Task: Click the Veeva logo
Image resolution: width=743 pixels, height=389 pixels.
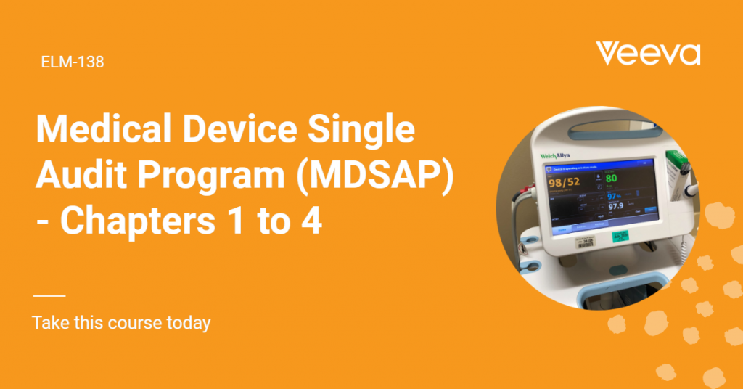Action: coord(648,54)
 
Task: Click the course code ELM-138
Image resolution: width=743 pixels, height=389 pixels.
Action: coord(73,62)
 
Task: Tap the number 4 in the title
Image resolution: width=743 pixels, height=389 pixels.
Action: coord(311,220)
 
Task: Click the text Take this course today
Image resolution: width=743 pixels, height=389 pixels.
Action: coord(121,322)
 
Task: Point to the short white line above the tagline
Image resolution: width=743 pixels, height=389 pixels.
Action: coord(49,296)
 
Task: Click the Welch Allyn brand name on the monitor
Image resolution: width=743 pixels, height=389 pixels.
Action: coord(555,156)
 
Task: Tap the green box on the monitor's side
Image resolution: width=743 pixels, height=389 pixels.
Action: coord(674,160)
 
